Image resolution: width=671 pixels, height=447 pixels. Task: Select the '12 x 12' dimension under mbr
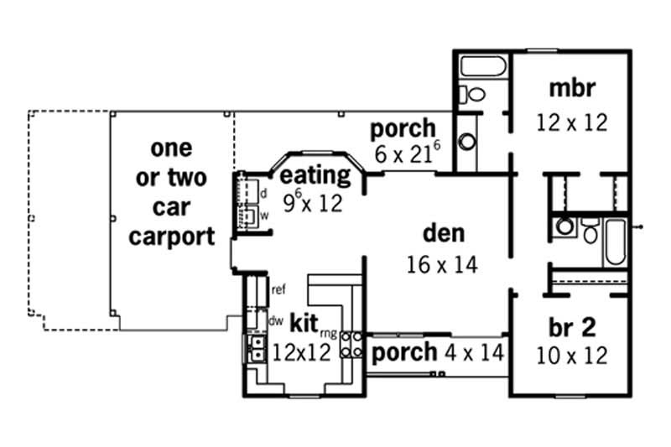point(571,122)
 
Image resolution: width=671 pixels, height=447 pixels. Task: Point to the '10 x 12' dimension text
point(571,356)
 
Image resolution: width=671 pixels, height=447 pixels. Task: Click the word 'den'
point(443,233)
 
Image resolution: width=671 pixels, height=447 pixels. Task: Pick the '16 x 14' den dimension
point(442,265)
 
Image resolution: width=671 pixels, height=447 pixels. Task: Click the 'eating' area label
point(315,176)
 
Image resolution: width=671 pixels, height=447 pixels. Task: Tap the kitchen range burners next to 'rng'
point(351,345)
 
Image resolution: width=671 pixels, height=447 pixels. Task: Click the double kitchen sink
point(254,348)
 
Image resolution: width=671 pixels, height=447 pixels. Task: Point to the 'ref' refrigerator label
point(279,289)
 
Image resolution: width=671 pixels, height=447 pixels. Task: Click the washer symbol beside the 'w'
point(248,216)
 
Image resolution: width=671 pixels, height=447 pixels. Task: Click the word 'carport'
point(171,236)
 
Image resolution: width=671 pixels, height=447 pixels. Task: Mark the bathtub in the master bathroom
point(481,66)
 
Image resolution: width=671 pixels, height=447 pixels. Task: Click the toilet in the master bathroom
point(475,93)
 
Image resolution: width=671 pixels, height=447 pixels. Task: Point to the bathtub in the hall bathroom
point(615,232)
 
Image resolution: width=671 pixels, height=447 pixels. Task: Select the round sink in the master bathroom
point(467,140)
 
